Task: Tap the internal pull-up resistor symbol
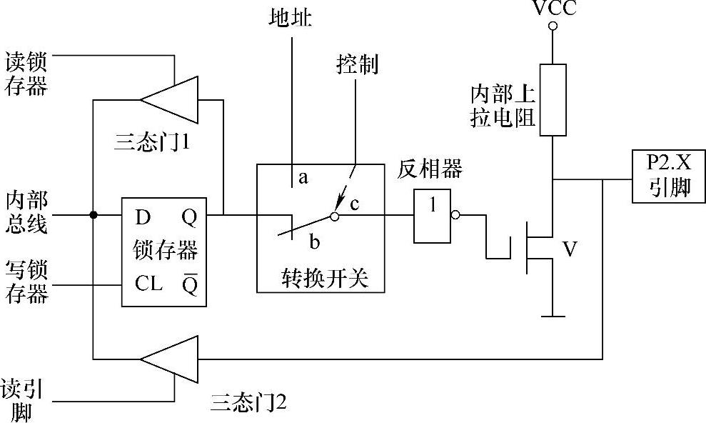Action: (553, 99)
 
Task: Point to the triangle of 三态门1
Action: (169, 97)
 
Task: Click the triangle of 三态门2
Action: (168, 359)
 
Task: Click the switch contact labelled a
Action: (303, 178)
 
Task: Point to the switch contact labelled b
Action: (315, 241)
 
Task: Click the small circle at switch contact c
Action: (334, 214)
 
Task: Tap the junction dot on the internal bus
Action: (93, 214)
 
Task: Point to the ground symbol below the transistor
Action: (553, 315)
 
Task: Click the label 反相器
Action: (431, 169)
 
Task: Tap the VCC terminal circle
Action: (553, 26)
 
